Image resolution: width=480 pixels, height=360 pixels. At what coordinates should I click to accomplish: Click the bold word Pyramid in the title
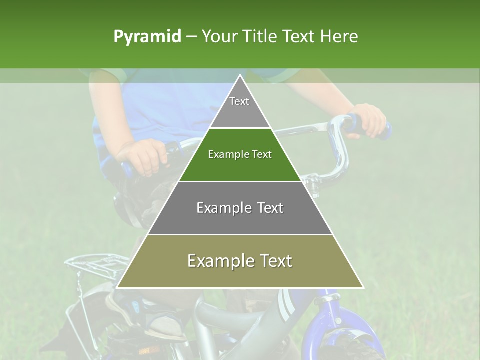coord(147,37)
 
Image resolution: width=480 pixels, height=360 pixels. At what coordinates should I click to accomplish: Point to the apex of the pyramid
coord(240,76)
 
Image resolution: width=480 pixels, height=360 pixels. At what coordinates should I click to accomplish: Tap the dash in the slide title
coord(191,37)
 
